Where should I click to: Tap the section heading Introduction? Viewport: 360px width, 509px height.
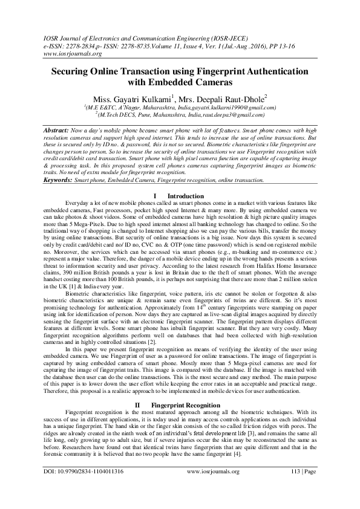(186, 196)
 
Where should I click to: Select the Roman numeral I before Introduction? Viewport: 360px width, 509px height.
(157, 196)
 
